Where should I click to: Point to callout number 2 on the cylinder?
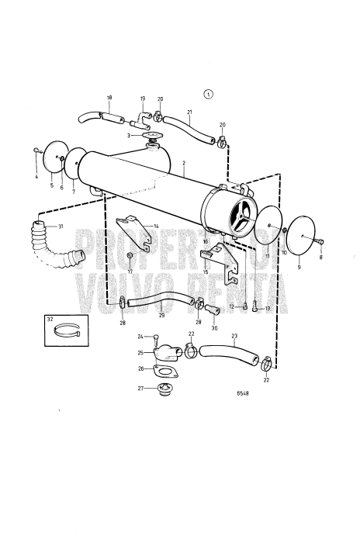click(x=184, y=163)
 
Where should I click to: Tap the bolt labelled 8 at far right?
click(x=319, y=243)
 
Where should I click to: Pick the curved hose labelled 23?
click(x=230, y=355)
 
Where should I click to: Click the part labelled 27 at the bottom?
click(x=163, y=389)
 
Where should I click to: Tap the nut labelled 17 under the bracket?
click(x=130, y=255)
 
